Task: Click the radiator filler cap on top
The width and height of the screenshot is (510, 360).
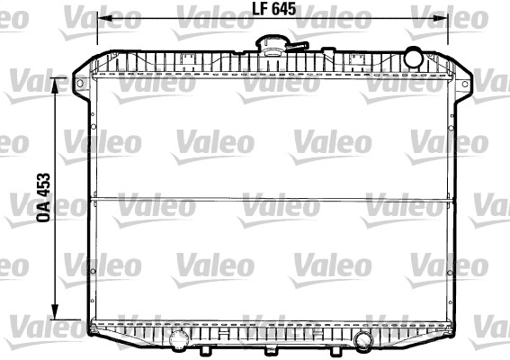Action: (270, 43)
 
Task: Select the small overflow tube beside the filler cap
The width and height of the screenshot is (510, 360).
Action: (300, 45)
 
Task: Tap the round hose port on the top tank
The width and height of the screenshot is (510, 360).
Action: (413, 58)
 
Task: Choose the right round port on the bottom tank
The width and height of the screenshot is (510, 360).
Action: (362, 339)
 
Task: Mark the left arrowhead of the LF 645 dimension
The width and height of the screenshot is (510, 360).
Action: (100, 19)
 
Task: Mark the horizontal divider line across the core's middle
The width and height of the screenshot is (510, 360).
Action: (270, 197)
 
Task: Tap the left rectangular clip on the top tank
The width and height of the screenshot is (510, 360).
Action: (188, 60)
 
